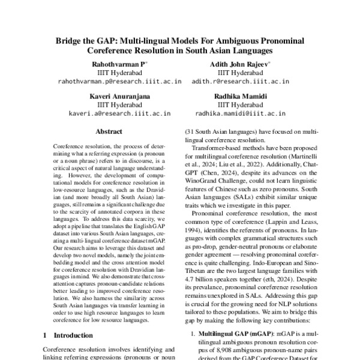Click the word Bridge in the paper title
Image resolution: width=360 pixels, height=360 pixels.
[x=70, y=41]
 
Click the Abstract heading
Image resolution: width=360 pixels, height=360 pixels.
[x=109, y=131]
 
